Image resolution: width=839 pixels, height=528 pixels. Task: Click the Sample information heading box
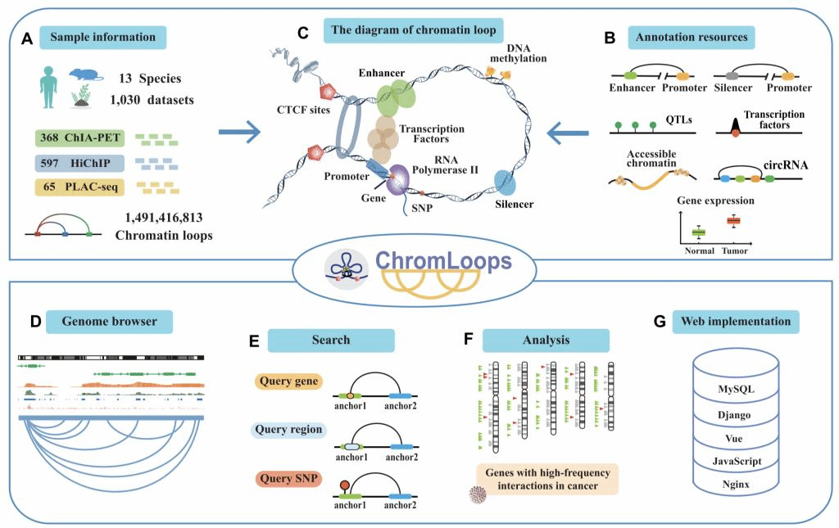pos(102,38)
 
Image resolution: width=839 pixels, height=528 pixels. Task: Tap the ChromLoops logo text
pos(442,262)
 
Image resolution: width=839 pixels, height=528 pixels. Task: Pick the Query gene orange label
pos(289,381)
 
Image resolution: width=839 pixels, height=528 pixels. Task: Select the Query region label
pos(289,429)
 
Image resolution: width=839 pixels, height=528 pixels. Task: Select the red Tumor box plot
pos(733,221)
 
